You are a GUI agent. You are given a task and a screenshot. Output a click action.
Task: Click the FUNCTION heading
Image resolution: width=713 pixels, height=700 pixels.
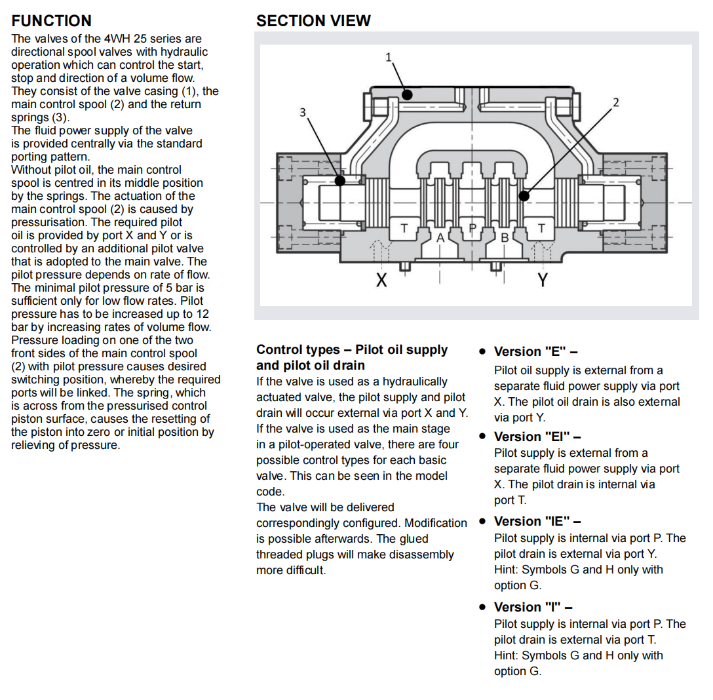(x=51, y=21)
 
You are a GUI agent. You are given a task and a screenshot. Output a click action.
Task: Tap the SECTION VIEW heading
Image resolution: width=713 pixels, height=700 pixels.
(x=313, y=21)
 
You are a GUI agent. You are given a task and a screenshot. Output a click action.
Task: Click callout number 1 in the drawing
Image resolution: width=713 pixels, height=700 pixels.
(x=388, y=58)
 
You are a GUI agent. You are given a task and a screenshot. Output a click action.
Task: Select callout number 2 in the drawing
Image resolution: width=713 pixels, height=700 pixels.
(x=615, y=102)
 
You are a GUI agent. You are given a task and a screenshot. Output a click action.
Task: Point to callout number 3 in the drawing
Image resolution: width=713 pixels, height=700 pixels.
(x=303, y=112)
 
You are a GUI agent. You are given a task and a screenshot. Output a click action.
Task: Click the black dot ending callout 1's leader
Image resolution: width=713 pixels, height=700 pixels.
(x=407, y=95)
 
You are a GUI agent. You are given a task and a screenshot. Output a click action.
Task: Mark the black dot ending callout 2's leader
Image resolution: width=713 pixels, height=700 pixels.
(x=524, y=195)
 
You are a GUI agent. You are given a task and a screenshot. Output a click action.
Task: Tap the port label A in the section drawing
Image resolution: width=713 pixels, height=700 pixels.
(x=440, y=237)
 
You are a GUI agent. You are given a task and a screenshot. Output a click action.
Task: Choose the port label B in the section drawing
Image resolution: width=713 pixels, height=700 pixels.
(x=505, y=237)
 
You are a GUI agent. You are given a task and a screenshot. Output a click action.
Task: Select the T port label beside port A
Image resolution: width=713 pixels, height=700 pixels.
(x=404, y=229)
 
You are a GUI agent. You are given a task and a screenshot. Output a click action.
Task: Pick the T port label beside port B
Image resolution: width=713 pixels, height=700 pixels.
(x=541, y=229)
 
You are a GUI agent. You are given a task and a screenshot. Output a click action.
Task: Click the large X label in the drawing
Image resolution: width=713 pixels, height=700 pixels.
(x=381, y=281)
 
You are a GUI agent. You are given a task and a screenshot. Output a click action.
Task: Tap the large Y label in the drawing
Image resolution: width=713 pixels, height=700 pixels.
(x=542, y=281)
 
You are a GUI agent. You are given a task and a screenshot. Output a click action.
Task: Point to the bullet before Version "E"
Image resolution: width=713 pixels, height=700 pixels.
(x=482, y=352)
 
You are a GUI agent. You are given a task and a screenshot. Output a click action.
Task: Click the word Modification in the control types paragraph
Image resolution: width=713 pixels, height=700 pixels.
(x=436, y=523)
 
